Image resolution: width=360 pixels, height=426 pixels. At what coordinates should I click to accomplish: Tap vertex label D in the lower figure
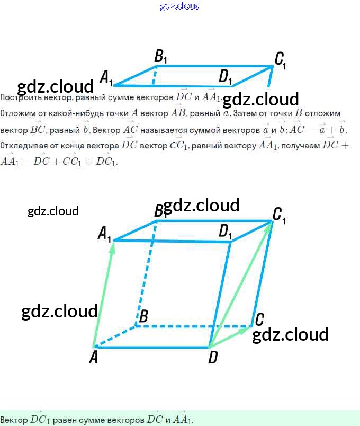pyautogui.click(x=213, y=358)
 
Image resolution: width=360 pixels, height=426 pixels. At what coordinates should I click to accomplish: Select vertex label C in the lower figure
pyautogui.click(x=259, y=319)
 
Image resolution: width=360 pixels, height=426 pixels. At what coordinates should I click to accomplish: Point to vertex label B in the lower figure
pyautogui.click(x=142, y=317)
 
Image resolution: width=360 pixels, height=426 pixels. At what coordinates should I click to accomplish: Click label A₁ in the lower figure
pyautogui.click(x=105, y=233)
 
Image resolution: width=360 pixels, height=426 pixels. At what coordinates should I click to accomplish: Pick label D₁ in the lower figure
pyautogui.click(x=226, y=232)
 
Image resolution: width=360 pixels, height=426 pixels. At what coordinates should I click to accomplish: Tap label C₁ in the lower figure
pyautogui.click(x=279, y=215)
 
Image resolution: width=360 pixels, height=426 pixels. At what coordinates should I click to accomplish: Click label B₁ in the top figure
pyautogui.click(x=160, y=56)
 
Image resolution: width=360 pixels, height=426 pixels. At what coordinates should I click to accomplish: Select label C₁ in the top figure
pyautogui.click(x=280, y=59)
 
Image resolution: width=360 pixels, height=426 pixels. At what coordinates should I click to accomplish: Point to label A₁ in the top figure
pyautogui.click(x=106, y=77)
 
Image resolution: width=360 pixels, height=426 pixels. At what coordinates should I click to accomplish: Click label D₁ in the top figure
pyautogui.click(x=226, y=77)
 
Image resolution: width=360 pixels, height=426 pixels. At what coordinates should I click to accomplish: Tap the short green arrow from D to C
pyautogui.click(x=231, y=337)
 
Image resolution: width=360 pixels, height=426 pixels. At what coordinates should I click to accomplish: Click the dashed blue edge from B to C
pyautogui.click(x=193, y=326)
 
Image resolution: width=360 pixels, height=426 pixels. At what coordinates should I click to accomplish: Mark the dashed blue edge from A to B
pyautogui.click(x=114, y=337)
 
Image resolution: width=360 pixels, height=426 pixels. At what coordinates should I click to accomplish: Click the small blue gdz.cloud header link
pyautogui.click(x=180, y=6)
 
